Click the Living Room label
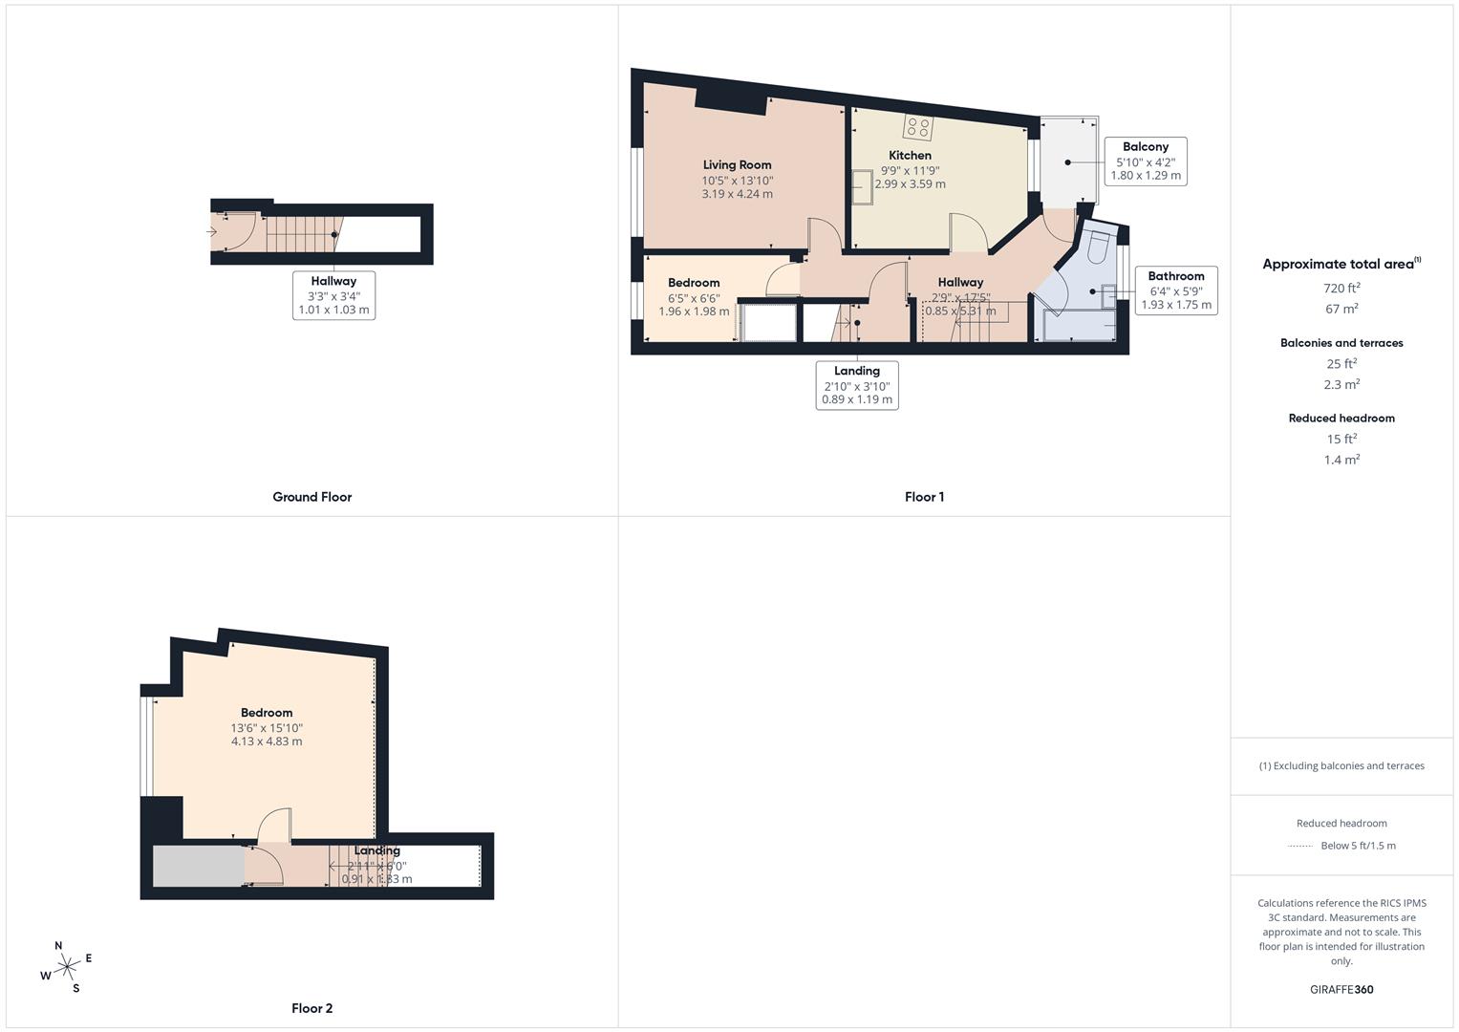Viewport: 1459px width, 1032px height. (x=737, y=164)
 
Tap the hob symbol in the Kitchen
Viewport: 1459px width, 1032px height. (x=918, y=127)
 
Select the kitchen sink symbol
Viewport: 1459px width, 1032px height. (x=863, y=187)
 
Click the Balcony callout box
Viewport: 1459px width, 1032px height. (x=1145, y=161)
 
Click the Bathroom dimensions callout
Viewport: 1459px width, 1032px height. (x=1175, y=290)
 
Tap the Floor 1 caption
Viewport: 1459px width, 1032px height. (x=924, y=497)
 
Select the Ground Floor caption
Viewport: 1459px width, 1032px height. (x=311, y=497)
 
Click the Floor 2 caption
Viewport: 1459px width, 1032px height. (x=311, y=1008)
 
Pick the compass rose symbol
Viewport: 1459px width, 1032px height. (x=67, y=968)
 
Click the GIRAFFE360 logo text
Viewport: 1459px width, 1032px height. (x=1341, y=989)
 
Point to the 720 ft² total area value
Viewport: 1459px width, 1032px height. (x=1341, y=288)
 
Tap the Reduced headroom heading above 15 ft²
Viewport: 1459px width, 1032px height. (x=1341, y=418)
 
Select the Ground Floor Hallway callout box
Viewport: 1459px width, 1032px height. (x=333, y=295)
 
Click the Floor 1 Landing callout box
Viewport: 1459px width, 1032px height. (x=857, y=384)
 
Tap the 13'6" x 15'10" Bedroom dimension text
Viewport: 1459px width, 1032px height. (x=267, y=727)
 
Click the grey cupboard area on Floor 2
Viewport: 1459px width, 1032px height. (x=199, y=866)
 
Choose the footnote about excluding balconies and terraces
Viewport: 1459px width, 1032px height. (x=1341, y=765)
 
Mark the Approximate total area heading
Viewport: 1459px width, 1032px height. (x=1340, y=265)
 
